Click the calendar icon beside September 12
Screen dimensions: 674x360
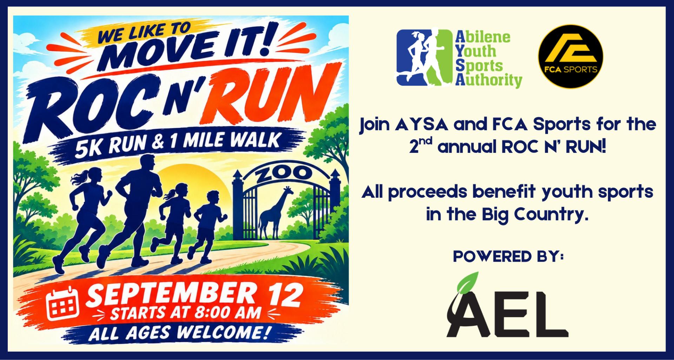(62, 303)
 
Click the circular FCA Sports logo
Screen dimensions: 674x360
(570, 56)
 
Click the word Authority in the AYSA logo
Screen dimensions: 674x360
(489, 80)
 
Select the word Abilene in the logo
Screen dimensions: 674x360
(483, 37)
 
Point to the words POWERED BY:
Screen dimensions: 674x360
(508, 256)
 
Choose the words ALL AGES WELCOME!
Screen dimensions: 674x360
(180, 333)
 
